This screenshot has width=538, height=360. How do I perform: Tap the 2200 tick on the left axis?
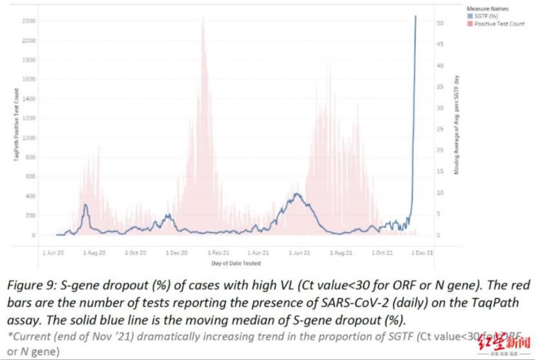pyautogui.click(x=29, y=21)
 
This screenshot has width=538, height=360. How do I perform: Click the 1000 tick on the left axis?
pyautogui.click(x=29, y=138)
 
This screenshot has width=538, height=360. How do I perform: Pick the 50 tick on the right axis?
pyautogui.click(x=439, y=23)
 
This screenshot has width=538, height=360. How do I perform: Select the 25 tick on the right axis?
pyautogui.click(x=439, y=129)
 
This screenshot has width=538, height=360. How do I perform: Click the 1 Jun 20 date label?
pyautogui.click(x=54, y=253)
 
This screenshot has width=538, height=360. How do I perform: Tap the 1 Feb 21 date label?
pyautogui.click(x=216, y=253)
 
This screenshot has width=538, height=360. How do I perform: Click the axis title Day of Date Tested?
pyautogui.click(x=236, y=263)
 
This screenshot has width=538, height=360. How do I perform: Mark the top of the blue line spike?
pyautogui.click(x=415, y=16)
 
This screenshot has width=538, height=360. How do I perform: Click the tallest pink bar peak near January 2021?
pyautogui.click(x=203, y=18)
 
